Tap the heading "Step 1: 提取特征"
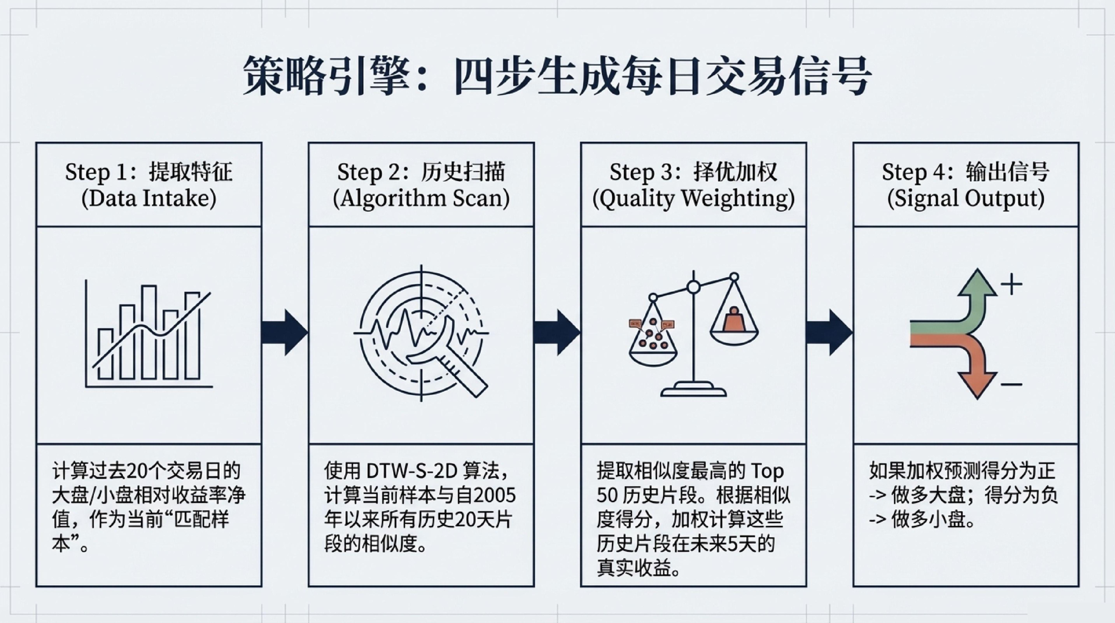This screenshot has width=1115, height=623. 149,172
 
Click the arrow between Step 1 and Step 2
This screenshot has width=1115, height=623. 285,332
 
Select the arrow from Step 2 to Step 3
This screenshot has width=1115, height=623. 557,332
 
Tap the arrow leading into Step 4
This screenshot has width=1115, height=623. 829,332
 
